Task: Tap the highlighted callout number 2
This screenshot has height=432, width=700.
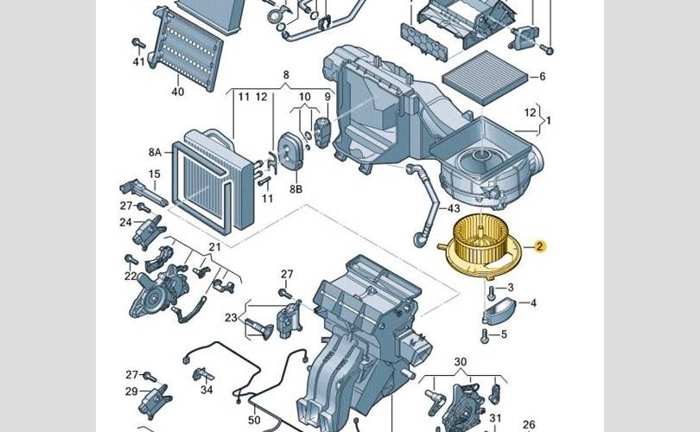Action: pos(539,247)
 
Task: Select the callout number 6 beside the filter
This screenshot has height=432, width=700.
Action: pos(542,77)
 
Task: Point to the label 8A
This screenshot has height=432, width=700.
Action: pos(155,152)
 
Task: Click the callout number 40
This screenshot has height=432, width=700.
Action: pos(178,92)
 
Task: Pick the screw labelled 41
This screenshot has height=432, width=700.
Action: pos(137,43)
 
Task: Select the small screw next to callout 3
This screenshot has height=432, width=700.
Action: pos(490,290)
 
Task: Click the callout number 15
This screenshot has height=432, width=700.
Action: pos(155,175)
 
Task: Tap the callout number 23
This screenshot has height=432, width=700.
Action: pos(231,318)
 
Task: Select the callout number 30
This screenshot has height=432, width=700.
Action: pos(460,361)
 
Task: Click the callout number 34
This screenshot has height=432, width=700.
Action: pos(206,390)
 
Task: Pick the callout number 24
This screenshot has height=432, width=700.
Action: pos(125,222)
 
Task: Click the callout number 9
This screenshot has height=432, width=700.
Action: pos(328,97)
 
